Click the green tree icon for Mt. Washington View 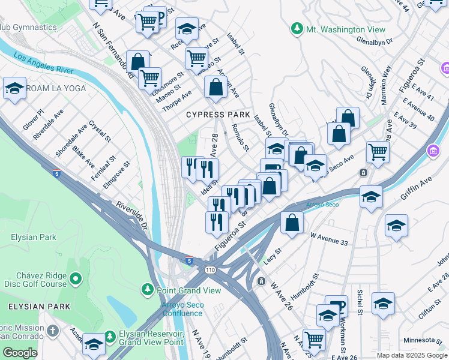[x=297, y=29]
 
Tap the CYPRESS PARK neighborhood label [x=218, y=115]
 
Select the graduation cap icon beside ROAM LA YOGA [x=14, y=89]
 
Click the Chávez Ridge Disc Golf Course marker [x=76, y=279]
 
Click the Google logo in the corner [x=20, y=353]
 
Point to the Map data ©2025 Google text [x=412, y=355]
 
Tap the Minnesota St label [x=424, y=341]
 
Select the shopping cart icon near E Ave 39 [x=378, y=152]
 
